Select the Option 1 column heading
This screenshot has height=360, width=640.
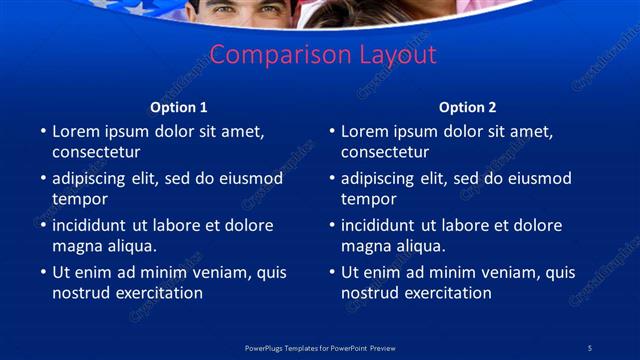click(x=179, y=107)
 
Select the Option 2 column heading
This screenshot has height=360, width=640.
click(x=467, y=107)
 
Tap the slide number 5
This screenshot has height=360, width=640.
click(x=589, y=348)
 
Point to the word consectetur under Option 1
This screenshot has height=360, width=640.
click(x=96, y=153)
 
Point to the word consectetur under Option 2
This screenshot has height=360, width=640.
click(x=385, y=153)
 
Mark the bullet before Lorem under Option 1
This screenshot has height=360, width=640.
click(x=43, y=131)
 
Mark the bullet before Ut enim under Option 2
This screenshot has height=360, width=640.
click(x=332, y=272)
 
